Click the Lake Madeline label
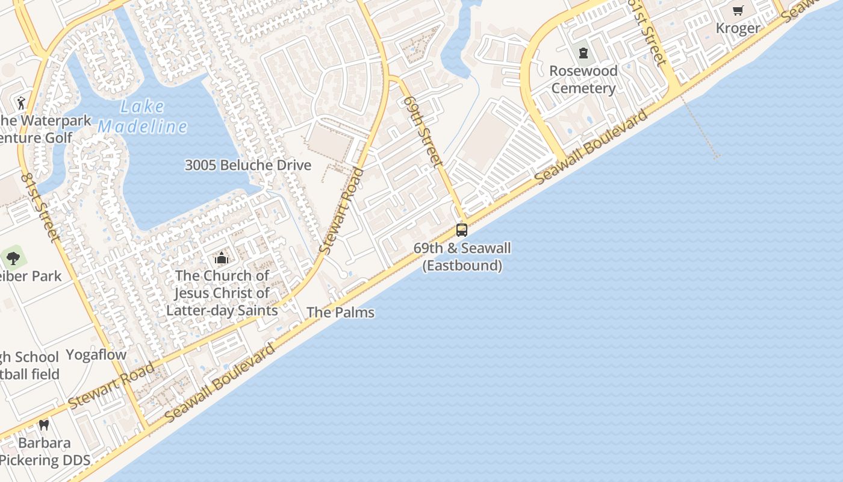[x=143, y=117]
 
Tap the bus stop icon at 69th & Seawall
[x=462, y=230]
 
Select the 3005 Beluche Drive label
[x=247, y=165]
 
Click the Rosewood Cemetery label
[x=583, y=80]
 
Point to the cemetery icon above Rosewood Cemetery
[x=583, y=53]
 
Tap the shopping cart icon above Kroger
[x=738, y=11]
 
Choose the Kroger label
[x=738, y=28]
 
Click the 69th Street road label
[x=423, y=131]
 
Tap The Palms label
[x=340, y=312]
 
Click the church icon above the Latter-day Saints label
[x=222, y=258]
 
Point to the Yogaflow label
[x=96, y=354]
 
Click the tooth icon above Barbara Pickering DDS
[x=43, y=425]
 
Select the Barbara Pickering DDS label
[x=45, y=452]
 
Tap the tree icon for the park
[x=13, y=258]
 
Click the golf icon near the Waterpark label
[x=22, y=103]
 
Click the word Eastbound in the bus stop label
[x=462, y=265]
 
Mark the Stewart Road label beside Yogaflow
[x=111, y=386]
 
